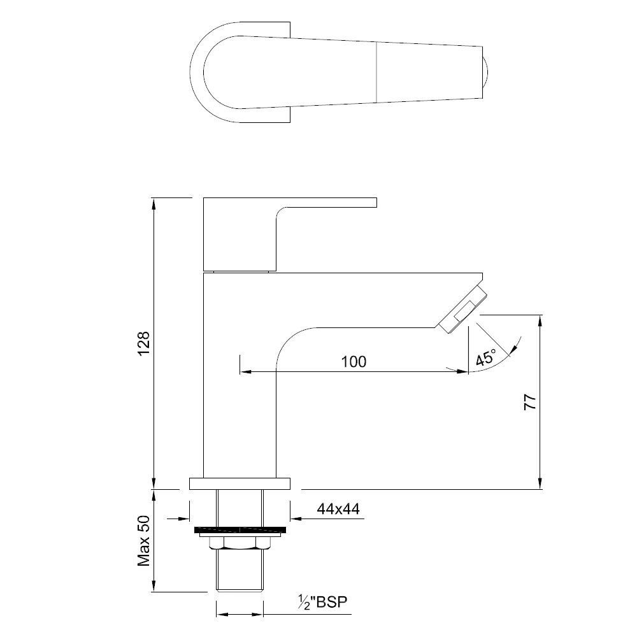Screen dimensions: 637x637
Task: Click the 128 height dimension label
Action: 144,344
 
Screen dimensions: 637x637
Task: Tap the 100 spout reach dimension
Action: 354,362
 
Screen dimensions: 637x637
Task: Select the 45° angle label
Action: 485,358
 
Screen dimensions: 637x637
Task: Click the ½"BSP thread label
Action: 324,603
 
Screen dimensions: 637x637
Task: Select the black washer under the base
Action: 240,530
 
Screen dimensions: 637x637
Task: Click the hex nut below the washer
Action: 240,542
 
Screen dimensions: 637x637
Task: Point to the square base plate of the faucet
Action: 240,483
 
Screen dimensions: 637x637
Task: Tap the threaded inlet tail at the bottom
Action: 240,570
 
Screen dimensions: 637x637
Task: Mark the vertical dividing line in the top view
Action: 378,71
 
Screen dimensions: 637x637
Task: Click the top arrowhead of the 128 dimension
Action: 154,203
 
